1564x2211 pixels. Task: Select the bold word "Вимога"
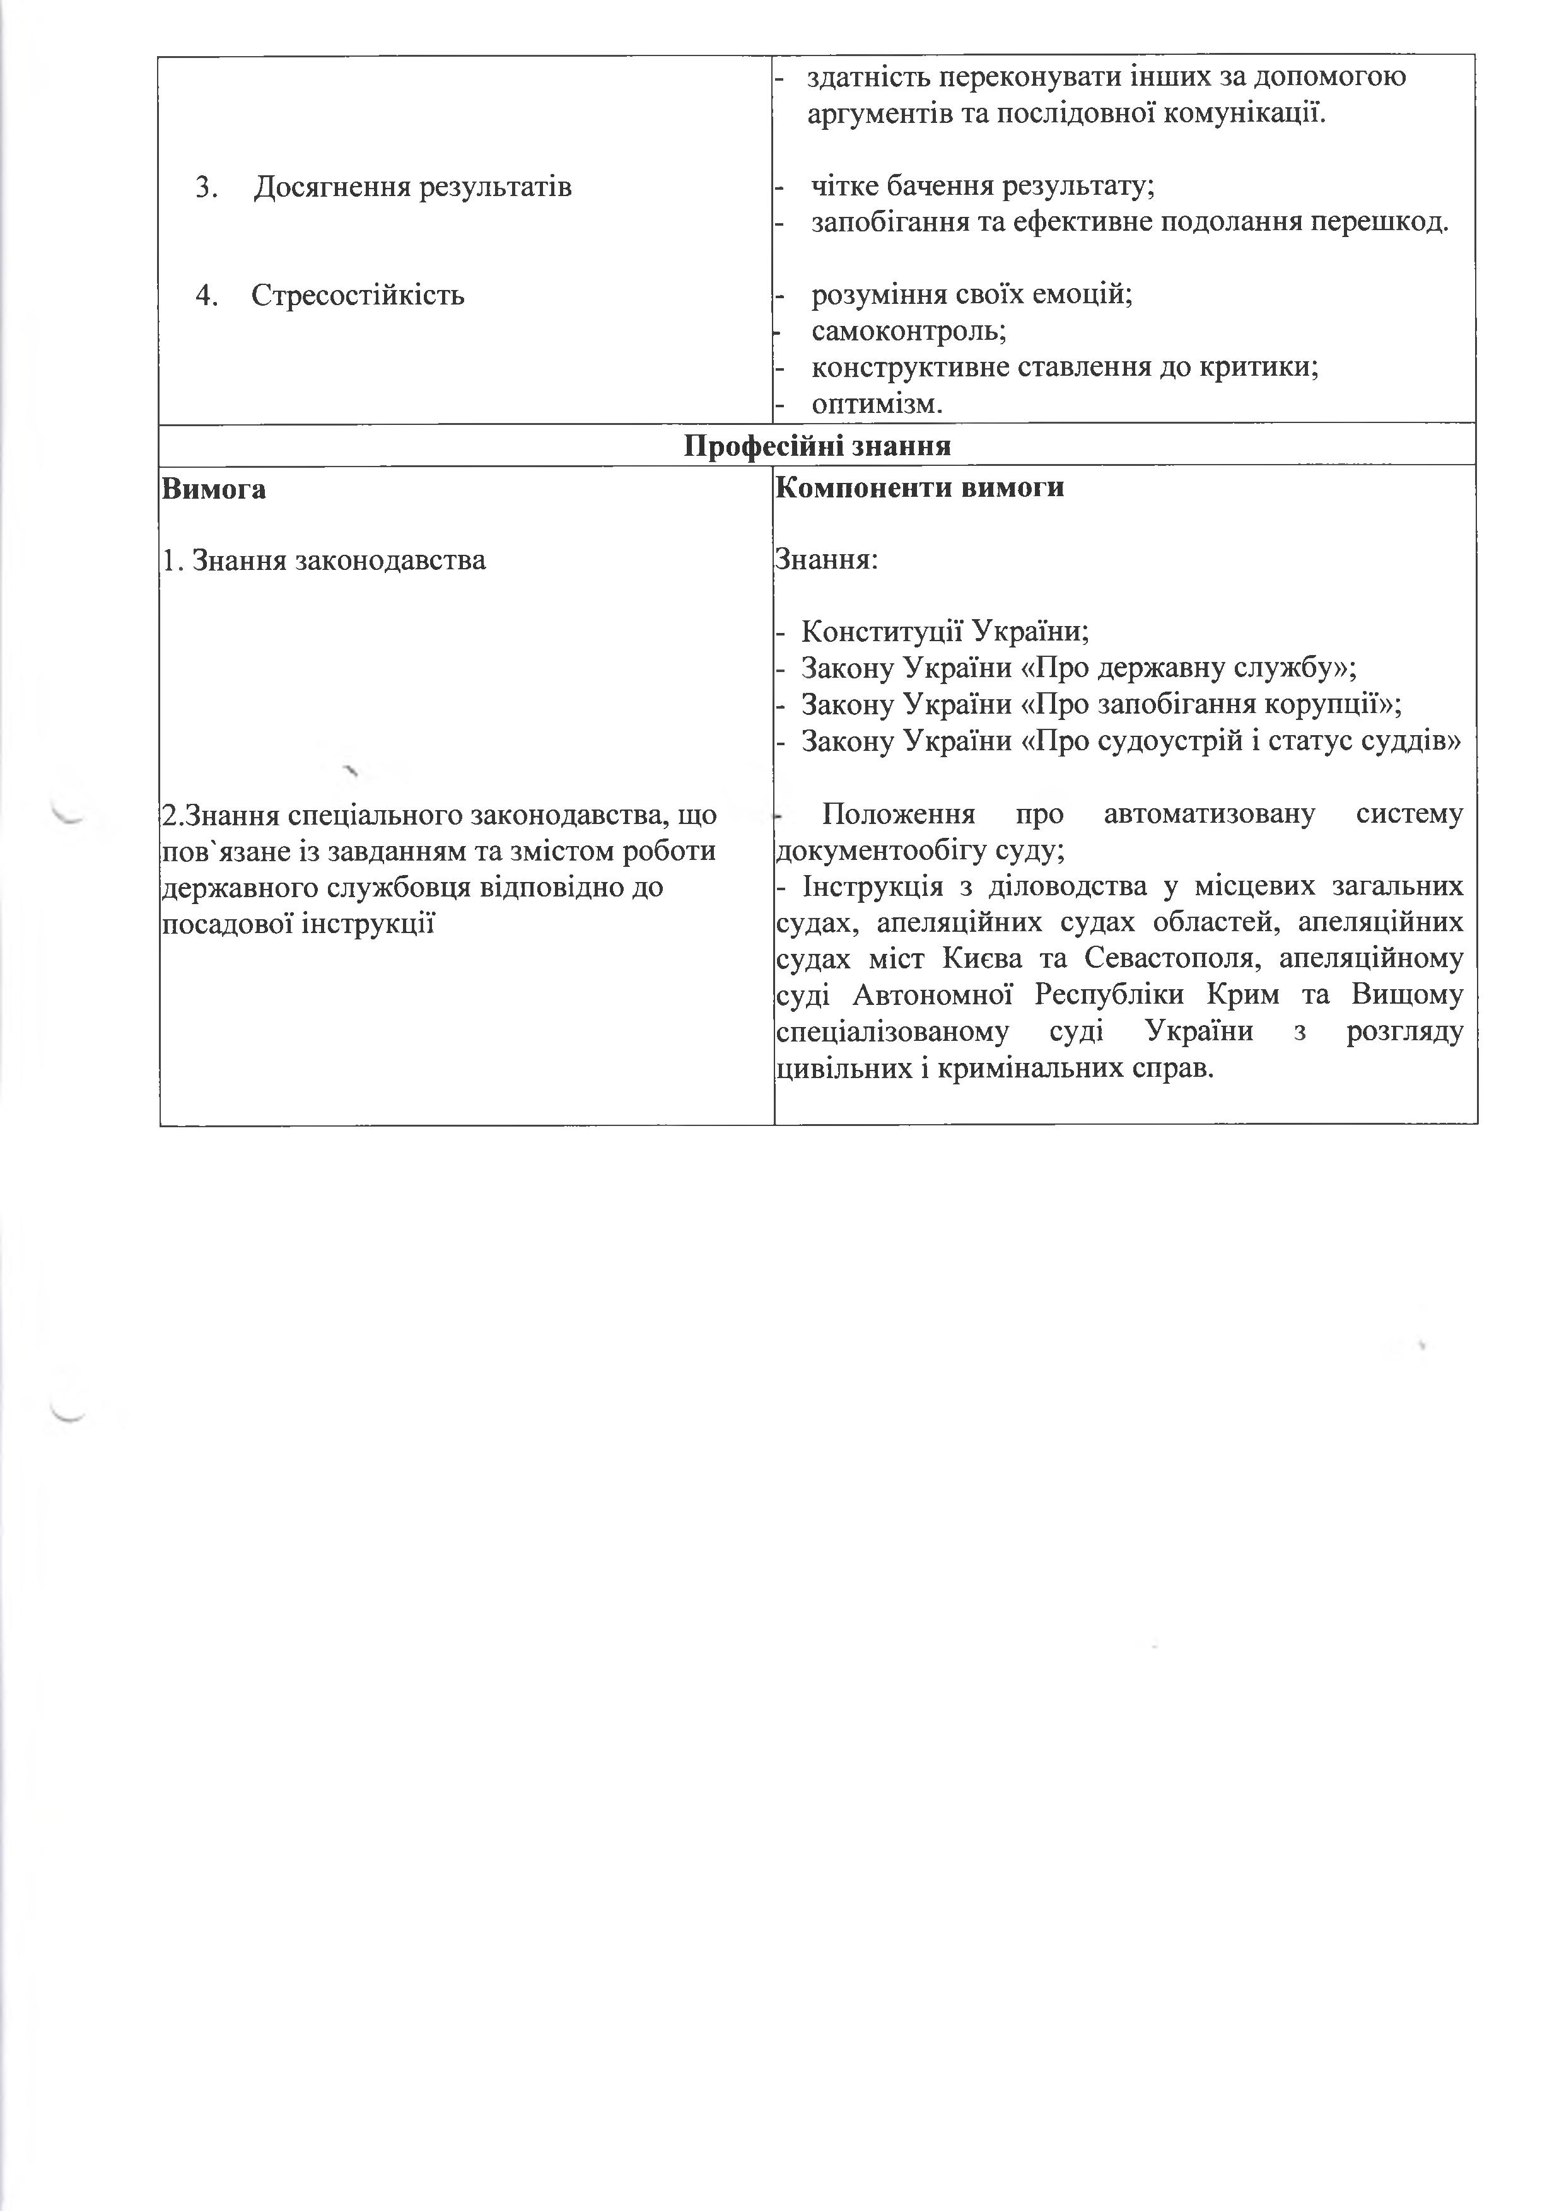[x=214, y=489]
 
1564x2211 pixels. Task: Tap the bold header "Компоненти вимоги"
[x=919, y=487]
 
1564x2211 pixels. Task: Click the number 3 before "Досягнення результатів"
[x=204, y=187]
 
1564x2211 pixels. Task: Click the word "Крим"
[x=1250, y=995]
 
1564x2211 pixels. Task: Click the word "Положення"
[x=897, y=815]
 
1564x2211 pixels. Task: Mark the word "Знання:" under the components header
[x=826, y=560]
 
